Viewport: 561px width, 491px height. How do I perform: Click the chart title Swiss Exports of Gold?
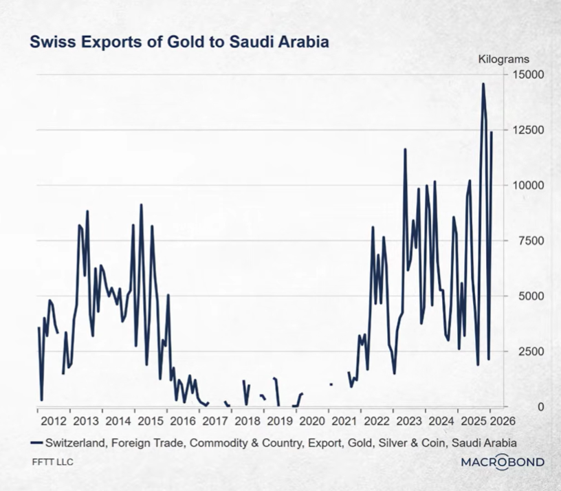(x=179, y=42)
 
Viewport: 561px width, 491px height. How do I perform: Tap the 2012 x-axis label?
(x=52, y=421)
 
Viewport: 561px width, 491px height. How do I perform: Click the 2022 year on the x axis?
(x=377, y=421)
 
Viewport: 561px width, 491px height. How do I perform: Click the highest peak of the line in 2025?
(x=483, y=84)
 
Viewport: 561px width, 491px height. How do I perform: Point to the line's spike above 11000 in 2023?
(x=405, y=149)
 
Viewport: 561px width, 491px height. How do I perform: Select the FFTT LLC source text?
(x=52, y=461)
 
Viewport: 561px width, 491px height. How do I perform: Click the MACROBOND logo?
(x=502, y=461)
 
